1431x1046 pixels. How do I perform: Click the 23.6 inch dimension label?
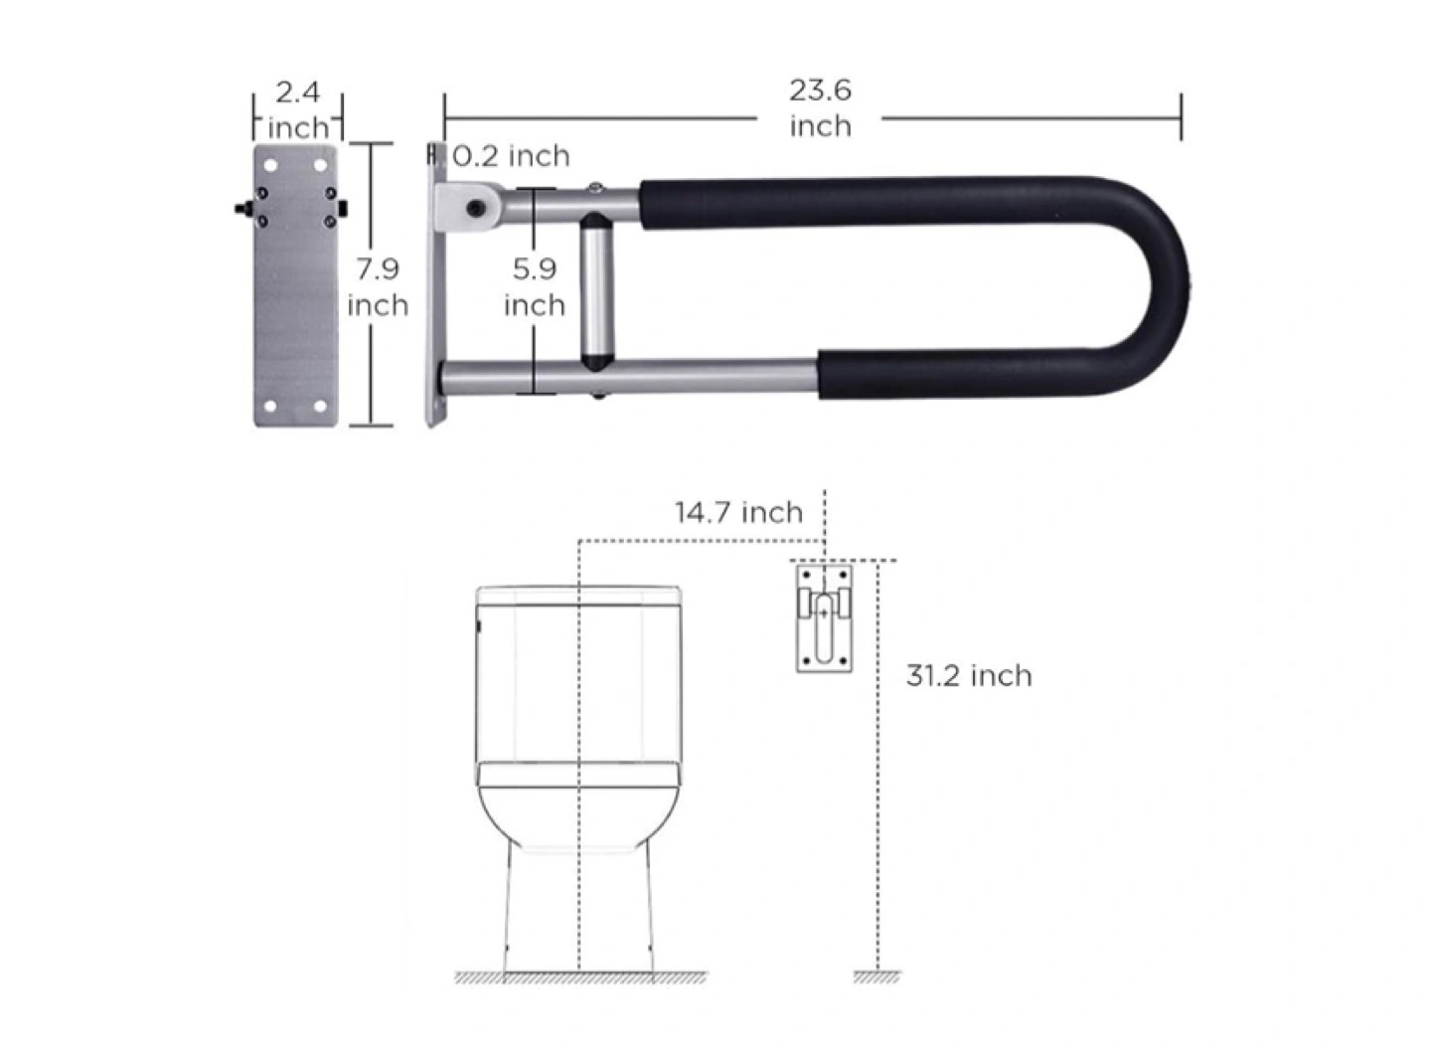coord(820,108)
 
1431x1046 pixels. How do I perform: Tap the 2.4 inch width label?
coord(298,110)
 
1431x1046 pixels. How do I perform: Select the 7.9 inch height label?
coord(378,287)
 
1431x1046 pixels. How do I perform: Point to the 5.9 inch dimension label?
coord(535,287)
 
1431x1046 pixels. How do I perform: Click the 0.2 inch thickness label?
coord(511,156)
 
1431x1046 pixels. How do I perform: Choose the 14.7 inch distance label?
coord(738,512)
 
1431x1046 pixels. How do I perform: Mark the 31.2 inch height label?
coord(969,676)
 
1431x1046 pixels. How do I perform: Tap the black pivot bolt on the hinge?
coord(475,208)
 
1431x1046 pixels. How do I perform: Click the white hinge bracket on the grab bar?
coord(468,207)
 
